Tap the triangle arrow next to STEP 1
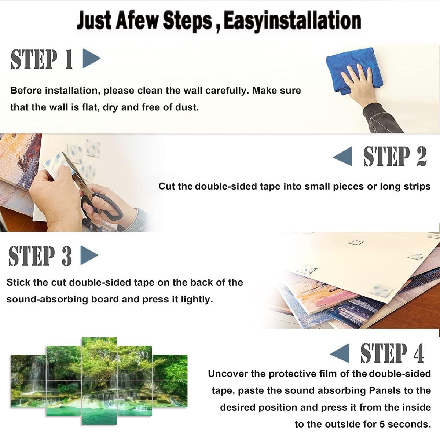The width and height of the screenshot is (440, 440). pyautogui.click(x=91, y=58)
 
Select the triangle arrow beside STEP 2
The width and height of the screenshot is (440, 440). pyautogui.click(x=343, y=157)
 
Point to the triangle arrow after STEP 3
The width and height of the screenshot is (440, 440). pyautogui.click(x=89, y=255)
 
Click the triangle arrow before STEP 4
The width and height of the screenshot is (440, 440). pyautogui.click(x=340, y=353)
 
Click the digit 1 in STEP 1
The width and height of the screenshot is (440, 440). pyautogui.click(x=69, y=59)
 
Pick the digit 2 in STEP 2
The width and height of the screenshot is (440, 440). pyautogui.click(x=422, y=157)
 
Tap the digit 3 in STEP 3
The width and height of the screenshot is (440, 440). pyautogui.click(x=66, y=256)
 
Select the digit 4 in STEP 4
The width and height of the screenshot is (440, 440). pyautogui.click(x=419, y=353)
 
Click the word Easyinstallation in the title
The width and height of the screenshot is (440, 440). pyautogui.click(x=292, y=21)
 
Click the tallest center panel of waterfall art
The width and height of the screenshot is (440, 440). pyautogui.click(x=99, y=381)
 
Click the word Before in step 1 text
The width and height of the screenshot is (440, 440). pyautogui.click(x=26, y=91)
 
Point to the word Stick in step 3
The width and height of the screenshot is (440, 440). pyautogui.click(x=18, y=282)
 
